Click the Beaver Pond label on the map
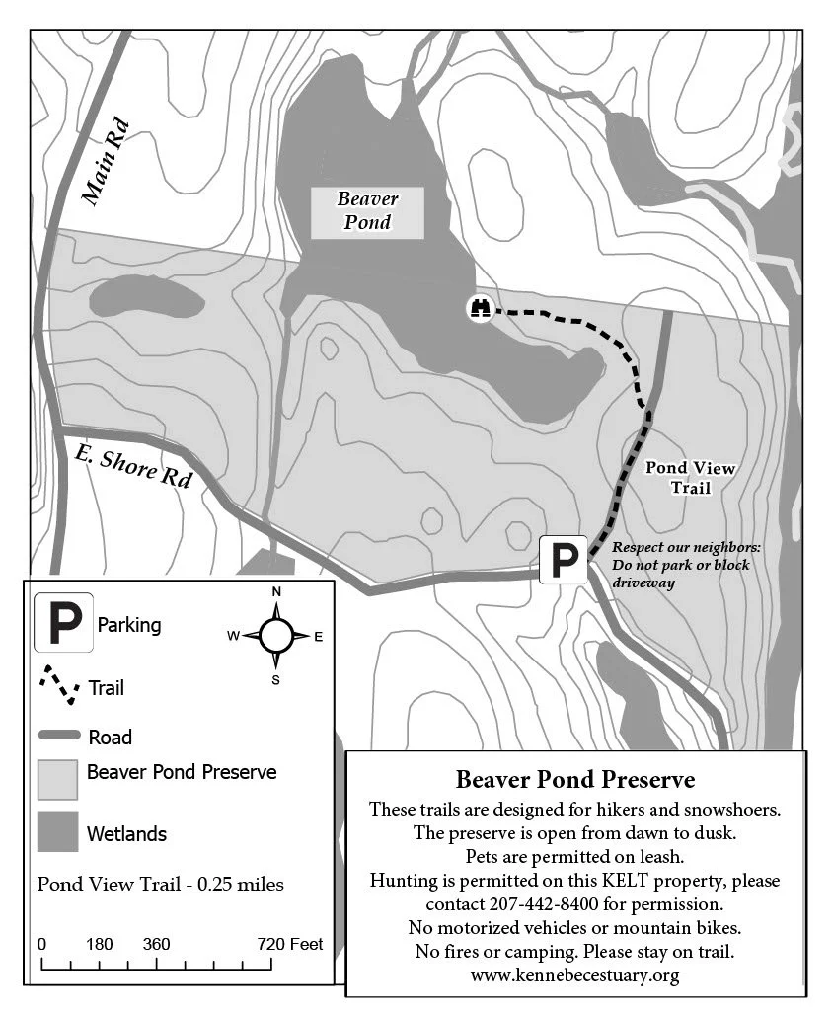[x=367, y=210]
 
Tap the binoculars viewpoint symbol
[x=481, y=308]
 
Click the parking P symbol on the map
[x=564, y=562]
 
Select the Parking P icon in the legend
[x=64, y=623]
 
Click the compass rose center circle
[x=276, y=636]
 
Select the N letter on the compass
[x=276, y=591]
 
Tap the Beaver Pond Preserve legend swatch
[x=57, y=779]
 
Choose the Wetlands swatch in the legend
[x=57, y=831]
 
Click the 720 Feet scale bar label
[x=290, y=944]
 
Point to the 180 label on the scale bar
[x=99, y=944]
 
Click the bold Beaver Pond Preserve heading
[x=575, y=780]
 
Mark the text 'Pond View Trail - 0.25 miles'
[x=160, y=884]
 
